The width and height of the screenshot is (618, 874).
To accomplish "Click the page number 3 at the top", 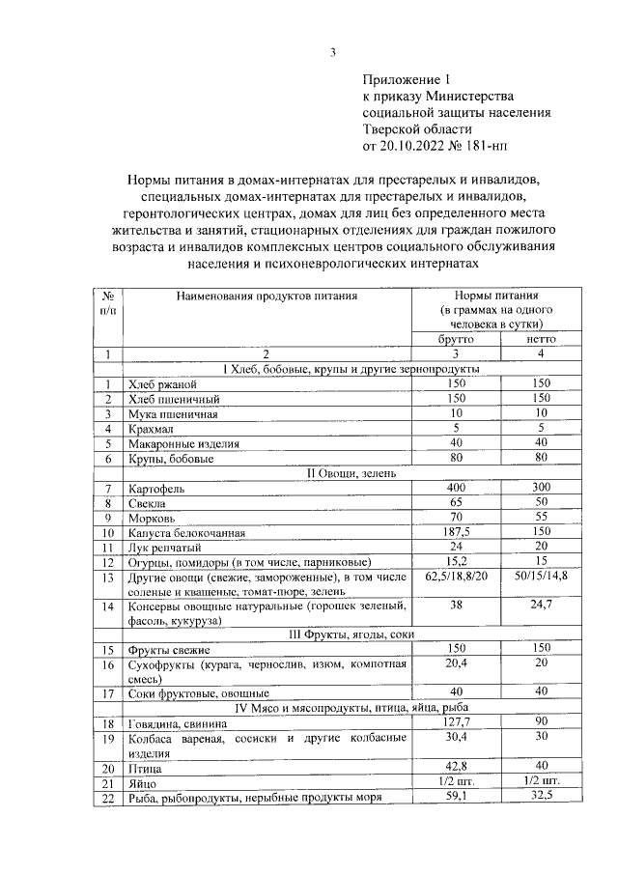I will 332,52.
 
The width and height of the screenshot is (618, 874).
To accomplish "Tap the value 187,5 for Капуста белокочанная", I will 456,532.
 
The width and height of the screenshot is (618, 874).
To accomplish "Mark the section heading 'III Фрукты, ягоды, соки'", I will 347,634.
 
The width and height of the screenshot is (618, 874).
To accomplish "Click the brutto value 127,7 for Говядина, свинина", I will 456,722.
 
